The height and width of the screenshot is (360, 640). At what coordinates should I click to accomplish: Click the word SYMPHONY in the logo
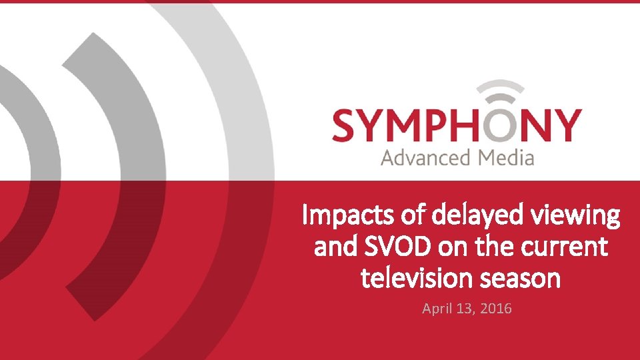[457, 126]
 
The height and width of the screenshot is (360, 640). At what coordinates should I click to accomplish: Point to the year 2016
[495, 308]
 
